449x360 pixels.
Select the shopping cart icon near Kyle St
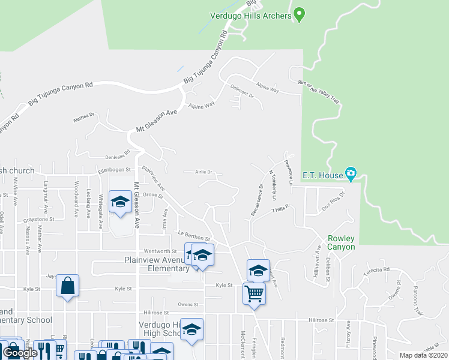[254, 294]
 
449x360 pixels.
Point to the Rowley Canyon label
[341, 242]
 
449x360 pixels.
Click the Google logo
[20, 353]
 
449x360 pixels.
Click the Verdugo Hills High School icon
[191, 329]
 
